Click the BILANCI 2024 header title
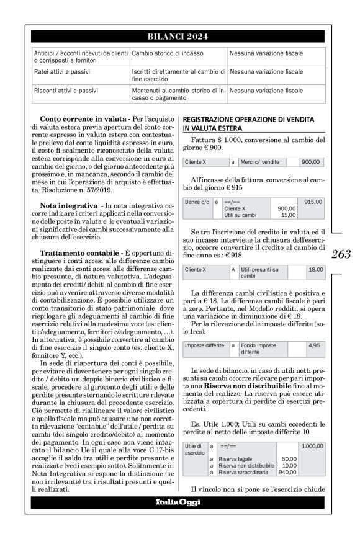click(x=179, y=37)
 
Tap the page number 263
click(x=341, y=254)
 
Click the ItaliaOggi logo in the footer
click(x=179, y=501)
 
